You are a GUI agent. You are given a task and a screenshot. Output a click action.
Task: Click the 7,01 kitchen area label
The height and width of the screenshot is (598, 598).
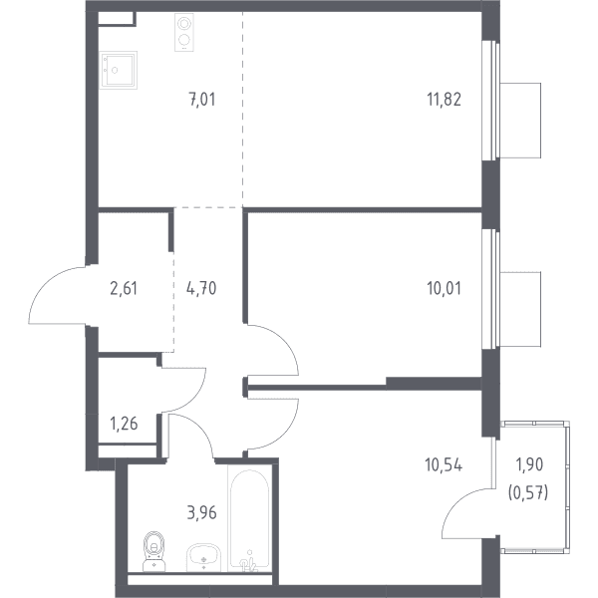click(202, 100)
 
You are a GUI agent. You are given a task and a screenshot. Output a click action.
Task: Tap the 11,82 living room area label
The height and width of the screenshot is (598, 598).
click(444, 100)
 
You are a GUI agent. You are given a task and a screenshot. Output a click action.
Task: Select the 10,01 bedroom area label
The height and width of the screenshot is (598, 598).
click(444, 288)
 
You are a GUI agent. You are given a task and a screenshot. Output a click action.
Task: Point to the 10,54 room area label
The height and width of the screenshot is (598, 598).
click(444, 465)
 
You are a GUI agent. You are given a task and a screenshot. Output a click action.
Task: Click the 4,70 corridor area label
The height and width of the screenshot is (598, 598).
click(201, 288)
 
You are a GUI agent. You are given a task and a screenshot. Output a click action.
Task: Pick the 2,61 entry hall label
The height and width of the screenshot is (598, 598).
click(124, 288)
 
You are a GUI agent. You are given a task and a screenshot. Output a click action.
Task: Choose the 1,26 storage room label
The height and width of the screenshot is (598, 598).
click(124, 424)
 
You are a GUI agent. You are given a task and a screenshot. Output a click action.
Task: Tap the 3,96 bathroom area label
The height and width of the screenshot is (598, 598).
click(201, 513)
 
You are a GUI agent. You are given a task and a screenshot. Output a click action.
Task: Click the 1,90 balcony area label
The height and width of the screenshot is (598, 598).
click(529, 464)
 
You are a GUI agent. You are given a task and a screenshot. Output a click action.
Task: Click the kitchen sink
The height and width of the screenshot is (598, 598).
click(118, 70)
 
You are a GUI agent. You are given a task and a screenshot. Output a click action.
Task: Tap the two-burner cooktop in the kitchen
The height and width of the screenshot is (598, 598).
click(184, 32)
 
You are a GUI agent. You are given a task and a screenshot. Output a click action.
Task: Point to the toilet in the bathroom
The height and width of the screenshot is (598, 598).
click(154, 551)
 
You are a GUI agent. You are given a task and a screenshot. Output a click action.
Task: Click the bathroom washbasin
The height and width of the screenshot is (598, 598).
click(203, 557)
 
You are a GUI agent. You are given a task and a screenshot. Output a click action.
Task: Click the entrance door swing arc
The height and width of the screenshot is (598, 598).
click(46, 283)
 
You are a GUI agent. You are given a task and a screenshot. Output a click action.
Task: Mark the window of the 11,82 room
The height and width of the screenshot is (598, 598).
click(490, 100)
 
